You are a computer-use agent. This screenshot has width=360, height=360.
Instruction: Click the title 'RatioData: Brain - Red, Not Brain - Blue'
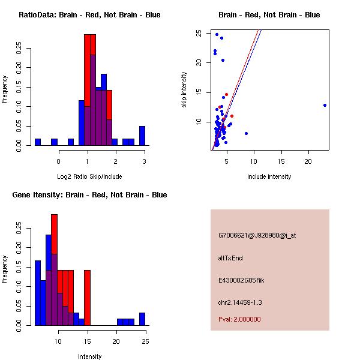(x=89, y=15)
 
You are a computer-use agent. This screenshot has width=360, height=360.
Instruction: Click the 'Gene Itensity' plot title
(x=89, y=195)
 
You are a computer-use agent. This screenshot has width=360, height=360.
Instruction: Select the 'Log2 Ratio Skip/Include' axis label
(x=89, y=176)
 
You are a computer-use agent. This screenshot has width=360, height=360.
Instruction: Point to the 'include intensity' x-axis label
(x=269, y=176)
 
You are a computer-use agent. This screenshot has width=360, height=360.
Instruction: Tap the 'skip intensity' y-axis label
(x=184, y=90)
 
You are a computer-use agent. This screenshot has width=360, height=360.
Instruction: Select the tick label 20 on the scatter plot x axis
(x=308, y=162)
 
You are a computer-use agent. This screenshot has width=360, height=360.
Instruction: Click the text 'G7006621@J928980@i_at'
(x=257, y=235)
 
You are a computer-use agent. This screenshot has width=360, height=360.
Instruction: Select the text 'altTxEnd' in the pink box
(x=230, y=258)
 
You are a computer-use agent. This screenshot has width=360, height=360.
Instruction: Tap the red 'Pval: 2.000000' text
(x=239, y=319)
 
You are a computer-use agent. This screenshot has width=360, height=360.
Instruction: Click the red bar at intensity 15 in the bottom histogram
(x=87, y=298)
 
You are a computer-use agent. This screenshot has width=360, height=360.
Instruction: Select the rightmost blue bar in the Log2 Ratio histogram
(x=142, y=136)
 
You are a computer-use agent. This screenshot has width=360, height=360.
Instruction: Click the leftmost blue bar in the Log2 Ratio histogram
(x=37, y=142)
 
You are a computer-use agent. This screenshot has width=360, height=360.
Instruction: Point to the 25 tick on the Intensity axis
(x=145, y=342)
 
